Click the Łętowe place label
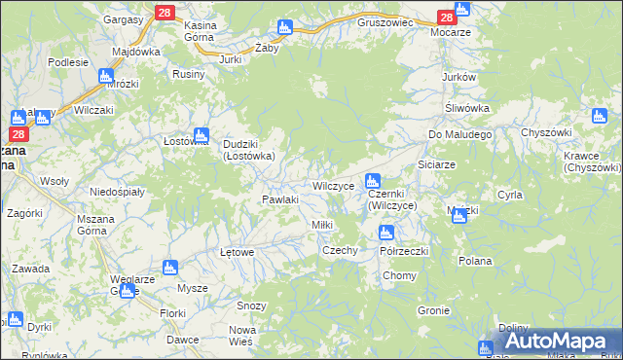coord(237,252)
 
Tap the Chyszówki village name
coord(544,131)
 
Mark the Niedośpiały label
coord(117,192)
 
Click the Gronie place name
coord(432,311)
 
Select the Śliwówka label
coord(466,108)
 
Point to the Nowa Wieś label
coord(240,336)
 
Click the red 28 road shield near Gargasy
coord(164,12)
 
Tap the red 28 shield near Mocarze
coord(446,18)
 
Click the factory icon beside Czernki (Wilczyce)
coord(372,181)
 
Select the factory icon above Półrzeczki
coord(385,233)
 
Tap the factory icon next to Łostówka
coord(202,135)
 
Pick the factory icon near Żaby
coord(284,27)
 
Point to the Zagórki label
coord(24,212)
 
